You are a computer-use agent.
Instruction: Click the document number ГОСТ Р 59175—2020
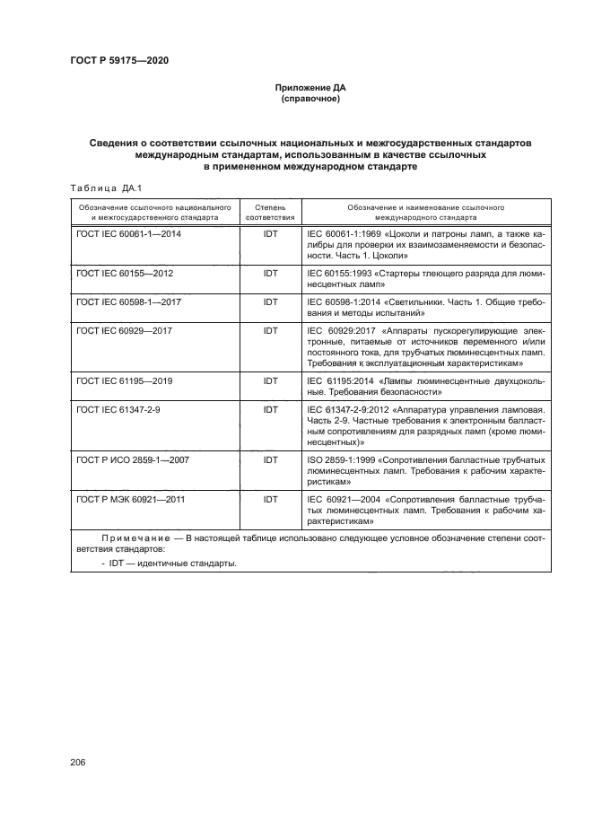click(119, 61)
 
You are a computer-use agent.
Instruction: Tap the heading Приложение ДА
click(310, 88)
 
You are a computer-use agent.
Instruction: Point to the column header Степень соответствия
click(270, 212)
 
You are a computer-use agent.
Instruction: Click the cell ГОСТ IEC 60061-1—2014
click(131, 232)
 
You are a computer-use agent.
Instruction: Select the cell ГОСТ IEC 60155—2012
click(125, 272)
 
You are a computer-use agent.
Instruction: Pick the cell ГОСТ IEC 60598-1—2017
click(129, 302)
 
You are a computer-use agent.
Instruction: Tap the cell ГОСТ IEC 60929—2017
click(125, 331)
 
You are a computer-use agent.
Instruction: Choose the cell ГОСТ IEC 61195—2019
click(125, 380)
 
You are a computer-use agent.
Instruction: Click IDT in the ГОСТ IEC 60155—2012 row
click(270, 272)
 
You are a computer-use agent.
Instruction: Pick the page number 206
click(77, 762)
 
